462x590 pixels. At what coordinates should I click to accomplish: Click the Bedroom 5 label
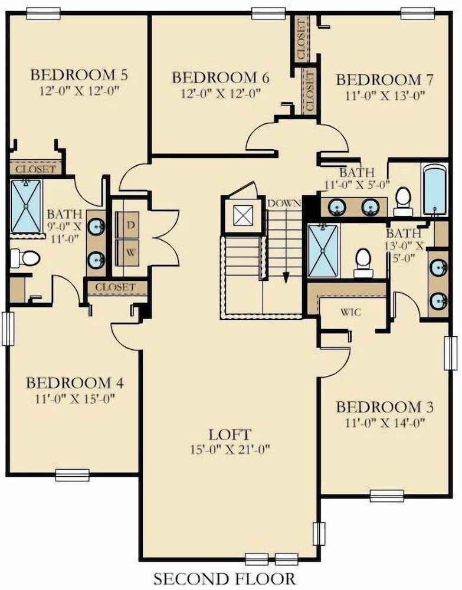(78, 74)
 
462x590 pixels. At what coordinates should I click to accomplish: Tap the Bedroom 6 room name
(221, 77)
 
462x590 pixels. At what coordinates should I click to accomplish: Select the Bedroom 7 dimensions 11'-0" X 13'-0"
(385, 96)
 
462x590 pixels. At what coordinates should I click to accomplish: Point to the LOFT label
(230, 435)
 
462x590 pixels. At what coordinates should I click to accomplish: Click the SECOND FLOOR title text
(225, 578)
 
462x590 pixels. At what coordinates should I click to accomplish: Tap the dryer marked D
(127, 225)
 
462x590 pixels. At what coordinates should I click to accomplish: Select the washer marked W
(127, 253)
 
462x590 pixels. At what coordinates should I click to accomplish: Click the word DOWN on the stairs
(284, 204)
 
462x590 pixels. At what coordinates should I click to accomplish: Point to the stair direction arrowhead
(286, 278)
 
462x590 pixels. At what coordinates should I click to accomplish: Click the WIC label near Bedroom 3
(350, 312)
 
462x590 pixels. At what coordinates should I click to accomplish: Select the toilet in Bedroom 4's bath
(25, 258)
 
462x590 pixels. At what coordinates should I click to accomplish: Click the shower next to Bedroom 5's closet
(26, 206)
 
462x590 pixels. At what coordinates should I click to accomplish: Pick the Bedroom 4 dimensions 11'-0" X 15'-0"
(75, 398)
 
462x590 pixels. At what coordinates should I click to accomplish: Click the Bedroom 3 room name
(385, 407)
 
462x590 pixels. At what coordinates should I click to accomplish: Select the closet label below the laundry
(115, 287)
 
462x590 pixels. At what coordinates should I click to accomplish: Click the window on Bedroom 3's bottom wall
(386, 496)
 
